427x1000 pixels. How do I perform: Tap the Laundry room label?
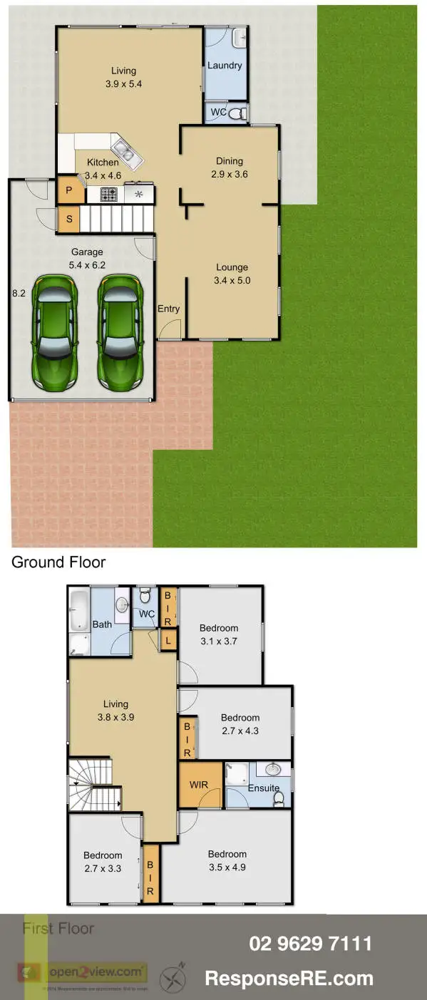point(225,66)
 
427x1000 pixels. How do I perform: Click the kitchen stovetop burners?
point(109,193)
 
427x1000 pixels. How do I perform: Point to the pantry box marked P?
point(69,190)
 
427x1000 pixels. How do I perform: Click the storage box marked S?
point(69,219)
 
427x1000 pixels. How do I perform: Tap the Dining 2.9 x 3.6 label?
point(229,167)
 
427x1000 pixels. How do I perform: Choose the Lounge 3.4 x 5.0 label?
point(232,274)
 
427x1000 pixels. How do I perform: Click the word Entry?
point(169,309)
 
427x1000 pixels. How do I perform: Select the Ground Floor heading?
point(58,562)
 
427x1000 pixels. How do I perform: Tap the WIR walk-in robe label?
point(198,785)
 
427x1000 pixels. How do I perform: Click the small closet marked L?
point(168,640)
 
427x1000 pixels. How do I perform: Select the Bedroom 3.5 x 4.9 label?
point(227,860)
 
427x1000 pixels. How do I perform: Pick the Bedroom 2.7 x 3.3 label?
point(103,862)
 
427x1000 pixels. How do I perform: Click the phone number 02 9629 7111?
point(310,944)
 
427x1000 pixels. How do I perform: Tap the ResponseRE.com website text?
point(289,978)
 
